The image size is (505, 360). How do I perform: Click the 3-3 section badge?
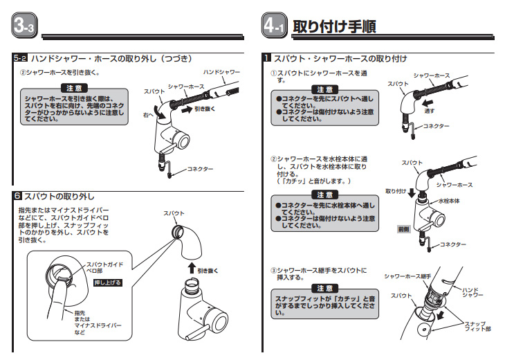tap(26, 27)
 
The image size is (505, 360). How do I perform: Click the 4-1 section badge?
tap(275, 27)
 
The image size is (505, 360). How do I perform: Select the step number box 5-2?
tap(19, 60)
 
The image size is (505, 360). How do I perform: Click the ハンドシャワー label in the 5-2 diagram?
tap(221, 71)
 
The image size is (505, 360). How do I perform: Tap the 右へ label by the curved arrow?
tap(148, 114)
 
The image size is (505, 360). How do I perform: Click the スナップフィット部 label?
tap(478, 327)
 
